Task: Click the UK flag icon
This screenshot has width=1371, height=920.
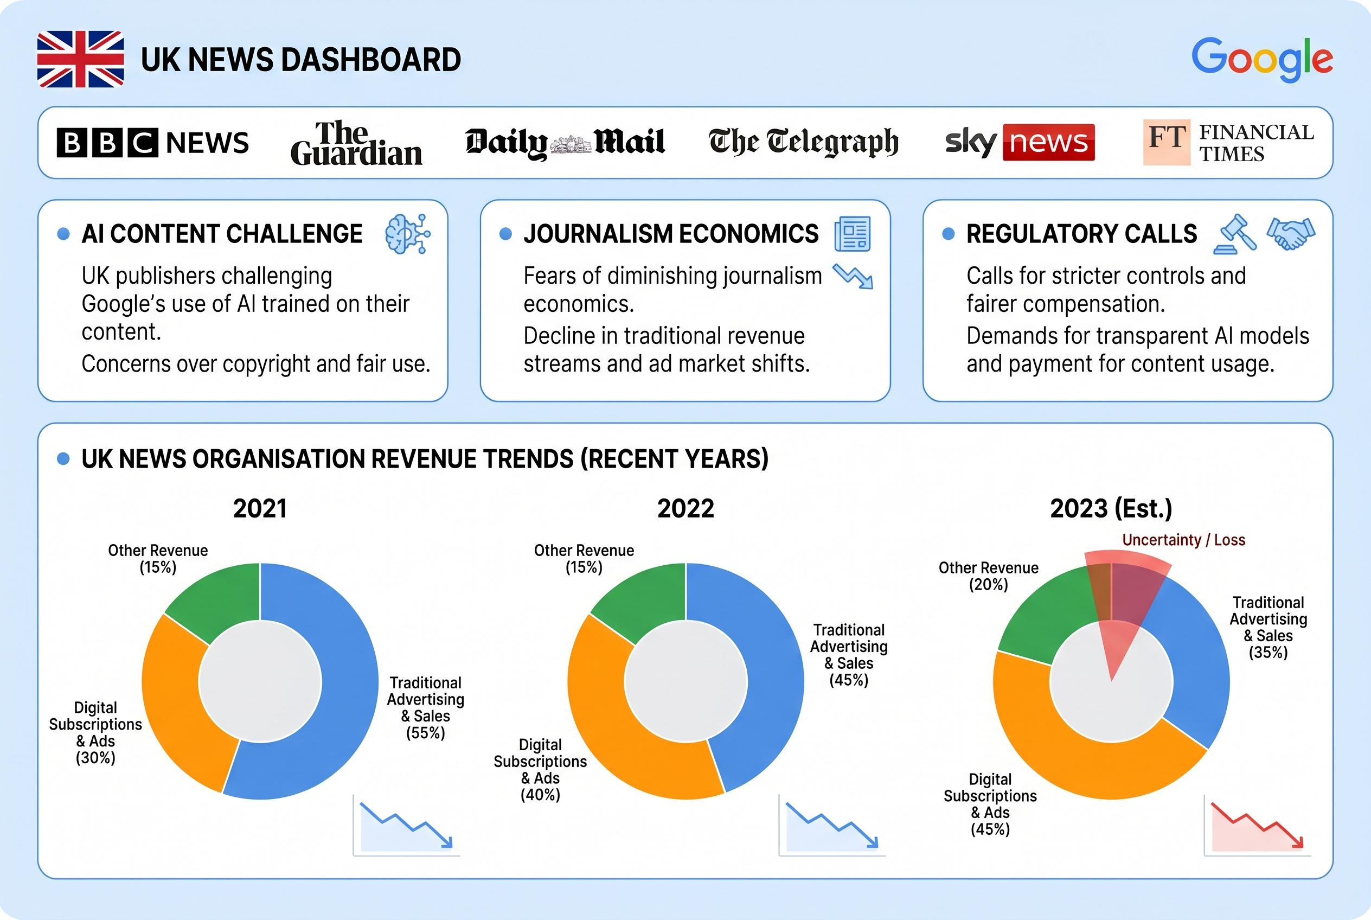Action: click(80, 59)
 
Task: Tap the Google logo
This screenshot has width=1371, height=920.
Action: click(1262, 59)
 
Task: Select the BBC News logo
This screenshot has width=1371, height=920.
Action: click(152, 143)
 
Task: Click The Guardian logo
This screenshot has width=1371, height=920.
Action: click(356, 143)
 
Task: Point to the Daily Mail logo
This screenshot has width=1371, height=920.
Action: click(565, 143)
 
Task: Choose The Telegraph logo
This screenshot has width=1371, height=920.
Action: click(803, 143)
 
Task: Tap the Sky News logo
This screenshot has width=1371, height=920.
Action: click(1020, 143)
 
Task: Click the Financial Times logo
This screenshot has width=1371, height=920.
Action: click(1228, 143)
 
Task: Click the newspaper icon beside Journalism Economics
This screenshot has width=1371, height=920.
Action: click(853, 233)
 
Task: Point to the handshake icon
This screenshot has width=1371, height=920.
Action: click(1290, 232)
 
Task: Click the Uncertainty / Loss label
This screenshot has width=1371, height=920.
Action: click(1183, 540)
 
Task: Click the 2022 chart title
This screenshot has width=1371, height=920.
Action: click(685, 508)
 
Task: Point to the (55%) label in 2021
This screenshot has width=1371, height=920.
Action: click(425, 733)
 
